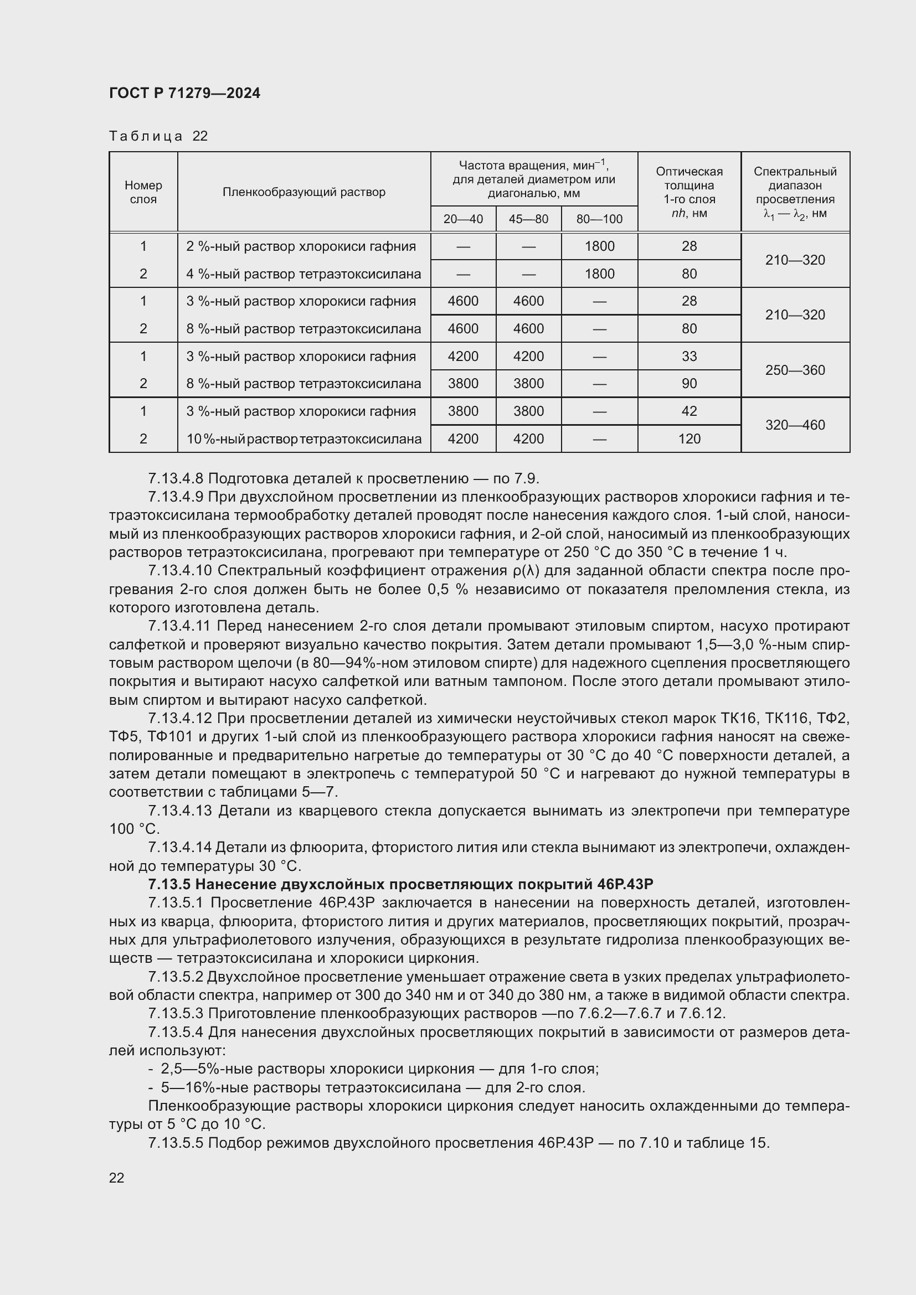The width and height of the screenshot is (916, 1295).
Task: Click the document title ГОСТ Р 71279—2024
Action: pos(184,94)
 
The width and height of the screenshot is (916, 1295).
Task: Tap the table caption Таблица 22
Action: pos(158,136)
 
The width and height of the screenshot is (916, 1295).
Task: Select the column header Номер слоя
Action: pos(143,192)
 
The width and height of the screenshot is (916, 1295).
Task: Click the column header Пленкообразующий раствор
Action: pos(303,192)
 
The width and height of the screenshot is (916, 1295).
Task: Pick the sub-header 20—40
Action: pos(462,219)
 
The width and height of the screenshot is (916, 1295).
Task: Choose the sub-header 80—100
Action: pos(599,219)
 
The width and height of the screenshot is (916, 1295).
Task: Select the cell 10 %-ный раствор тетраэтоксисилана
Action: pos(303,439)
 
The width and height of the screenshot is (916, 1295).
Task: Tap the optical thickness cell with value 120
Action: pos(689,439)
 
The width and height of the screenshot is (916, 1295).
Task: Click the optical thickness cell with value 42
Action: pos(689,411)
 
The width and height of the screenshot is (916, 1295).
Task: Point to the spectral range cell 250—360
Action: pos(795,370)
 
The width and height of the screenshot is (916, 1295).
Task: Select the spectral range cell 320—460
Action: pos(795,425)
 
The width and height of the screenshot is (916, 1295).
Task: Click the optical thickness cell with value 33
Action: pos(689,357)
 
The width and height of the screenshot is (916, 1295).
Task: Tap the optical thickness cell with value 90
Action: pos(689,384)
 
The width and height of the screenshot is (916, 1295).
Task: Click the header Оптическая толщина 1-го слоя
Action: pos(689,192)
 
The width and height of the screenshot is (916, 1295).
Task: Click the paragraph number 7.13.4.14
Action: pos(179,847)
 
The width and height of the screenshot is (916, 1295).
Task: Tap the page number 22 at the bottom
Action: pos(117,1178)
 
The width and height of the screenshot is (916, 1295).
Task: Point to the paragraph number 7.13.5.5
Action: pos(177,1143)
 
